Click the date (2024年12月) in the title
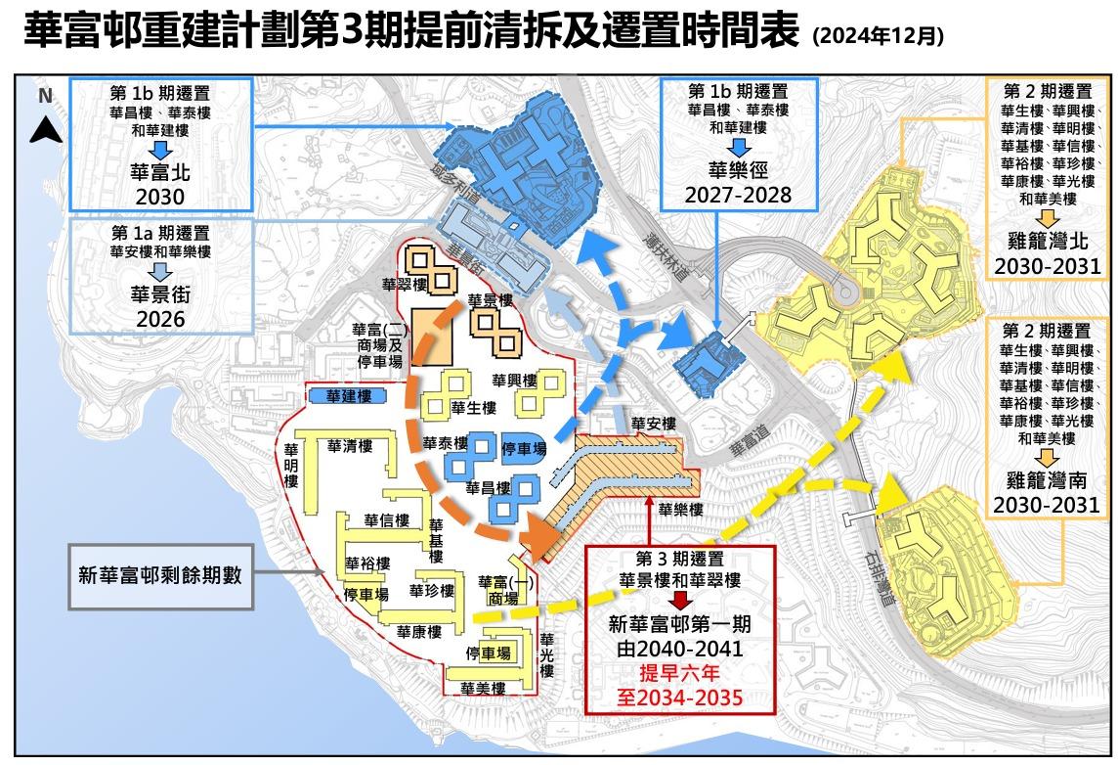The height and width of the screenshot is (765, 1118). click(878, 37)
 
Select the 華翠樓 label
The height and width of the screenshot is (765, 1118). click(405, 285)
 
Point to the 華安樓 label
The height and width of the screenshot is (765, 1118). click(653, 424)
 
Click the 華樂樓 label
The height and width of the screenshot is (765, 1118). click(680, 510)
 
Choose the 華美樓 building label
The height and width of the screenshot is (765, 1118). click(483, 688)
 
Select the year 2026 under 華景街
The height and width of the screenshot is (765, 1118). click(161, 317)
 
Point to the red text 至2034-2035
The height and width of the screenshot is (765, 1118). click(678, 697)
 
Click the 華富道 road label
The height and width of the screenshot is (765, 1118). click(751, 444)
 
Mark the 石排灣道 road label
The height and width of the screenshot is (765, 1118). click(876, 578)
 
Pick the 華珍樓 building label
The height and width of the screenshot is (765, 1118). click(432, 591)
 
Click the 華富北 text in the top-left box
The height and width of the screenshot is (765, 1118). click(160, 174)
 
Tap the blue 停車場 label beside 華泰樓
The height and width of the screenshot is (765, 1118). click(522, 447)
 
